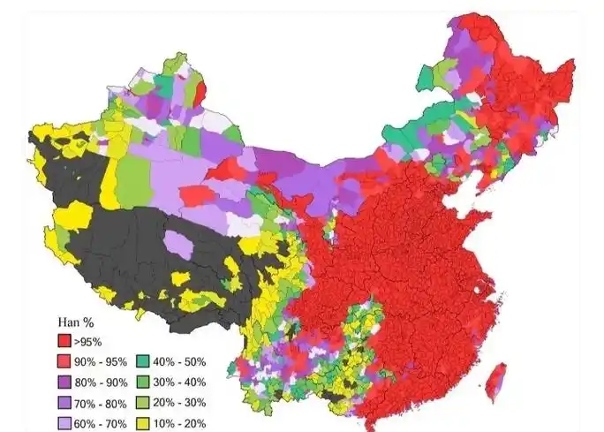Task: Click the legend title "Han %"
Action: tap(70, 322)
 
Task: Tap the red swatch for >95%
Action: tap(64, 341)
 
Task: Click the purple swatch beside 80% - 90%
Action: tap(64, 382)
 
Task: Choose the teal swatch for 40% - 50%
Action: tap(145, 361)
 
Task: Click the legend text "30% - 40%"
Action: tap(181, 382)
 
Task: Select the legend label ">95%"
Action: tap(88, 341)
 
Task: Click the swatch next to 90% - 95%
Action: tap(64, 361)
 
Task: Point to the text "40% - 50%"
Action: tap(181, 361)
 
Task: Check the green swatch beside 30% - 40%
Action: tap(145, 382)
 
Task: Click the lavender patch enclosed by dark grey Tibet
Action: tap(178, 244)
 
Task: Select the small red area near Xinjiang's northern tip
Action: tap(200, 91)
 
